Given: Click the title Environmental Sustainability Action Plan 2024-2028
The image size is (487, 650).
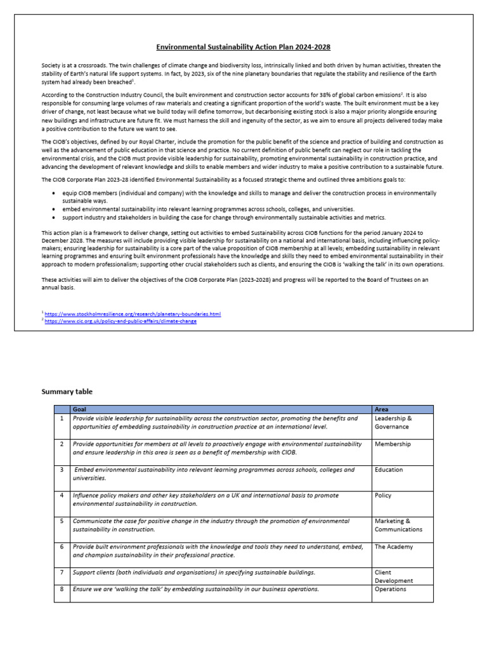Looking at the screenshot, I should point(243,47).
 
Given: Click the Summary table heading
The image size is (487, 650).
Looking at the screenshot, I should point(67,392).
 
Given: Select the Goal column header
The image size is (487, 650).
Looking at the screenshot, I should point(80,409).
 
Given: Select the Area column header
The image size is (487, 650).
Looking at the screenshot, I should point(382,409).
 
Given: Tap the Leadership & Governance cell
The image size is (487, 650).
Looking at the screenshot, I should point(393,423).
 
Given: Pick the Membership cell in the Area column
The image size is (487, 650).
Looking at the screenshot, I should point(393,444).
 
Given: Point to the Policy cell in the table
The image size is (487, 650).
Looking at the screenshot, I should point(383,495).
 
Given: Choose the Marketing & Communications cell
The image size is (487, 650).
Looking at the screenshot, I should point(398,525).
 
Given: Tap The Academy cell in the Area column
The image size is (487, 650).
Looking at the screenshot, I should point(393,547).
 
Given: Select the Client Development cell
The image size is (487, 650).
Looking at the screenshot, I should point(394,576).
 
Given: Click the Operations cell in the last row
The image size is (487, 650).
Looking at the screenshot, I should point(391,589).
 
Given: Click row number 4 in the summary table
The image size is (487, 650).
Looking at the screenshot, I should point(62,495).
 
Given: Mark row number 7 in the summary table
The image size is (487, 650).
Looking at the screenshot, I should point(62,572).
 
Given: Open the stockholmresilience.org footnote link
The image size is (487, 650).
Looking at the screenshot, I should point(133,314).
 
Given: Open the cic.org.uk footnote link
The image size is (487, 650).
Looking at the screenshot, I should point(121,321).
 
